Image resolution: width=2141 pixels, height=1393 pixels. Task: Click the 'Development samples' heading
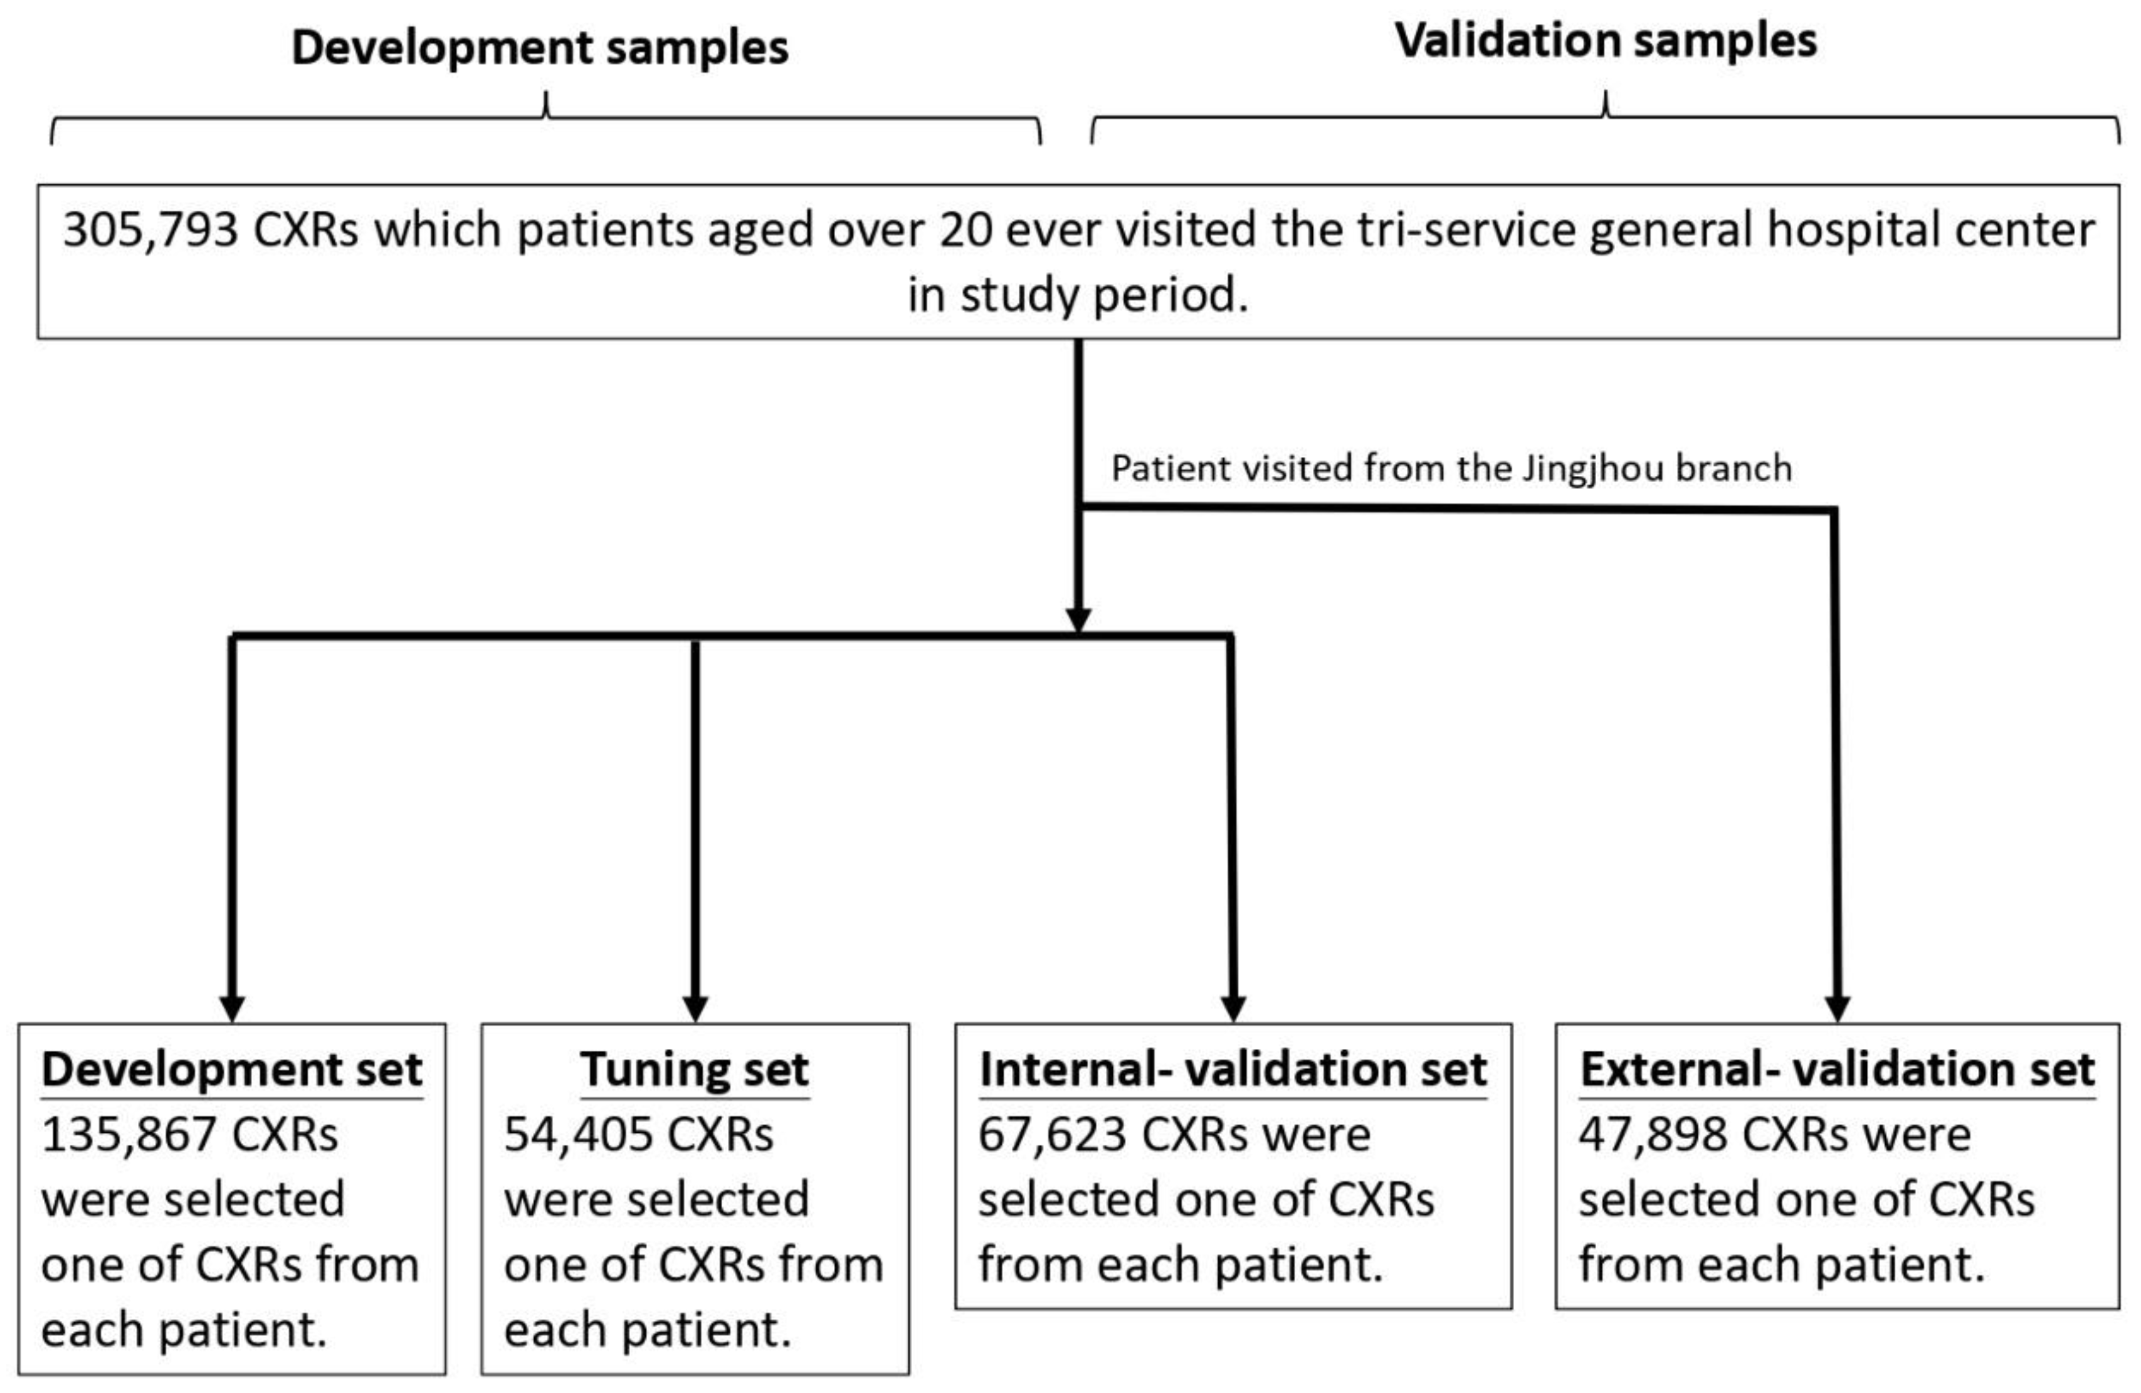point(540,47)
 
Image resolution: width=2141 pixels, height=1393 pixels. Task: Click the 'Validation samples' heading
point(1606,41)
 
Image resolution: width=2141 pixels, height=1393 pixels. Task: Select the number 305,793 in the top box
point(150,230)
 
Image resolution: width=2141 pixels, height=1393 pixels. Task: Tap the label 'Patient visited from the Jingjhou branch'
point(1451,468)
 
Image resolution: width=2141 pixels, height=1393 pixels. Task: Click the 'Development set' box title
point(232,1070)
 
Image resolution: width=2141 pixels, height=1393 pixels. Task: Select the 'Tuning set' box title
point(695,1070)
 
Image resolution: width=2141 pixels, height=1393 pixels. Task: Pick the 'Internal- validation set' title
point(1233,1070)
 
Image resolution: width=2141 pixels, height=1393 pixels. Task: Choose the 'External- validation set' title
point(1837,1070)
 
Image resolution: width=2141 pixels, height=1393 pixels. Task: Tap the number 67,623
point(1051,1135)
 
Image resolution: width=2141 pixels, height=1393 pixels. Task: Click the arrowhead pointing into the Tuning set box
point(695,1008)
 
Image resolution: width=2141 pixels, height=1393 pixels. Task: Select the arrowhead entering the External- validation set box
point(1837,1008)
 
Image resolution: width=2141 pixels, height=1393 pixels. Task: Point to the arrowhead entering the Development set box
point(232,1008)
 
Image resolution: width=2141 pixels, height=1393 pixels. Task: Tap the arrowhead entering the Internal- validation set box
point(1233,1008)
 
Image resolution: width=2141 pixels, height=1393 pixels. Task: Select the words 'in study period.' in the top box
point(1078,295)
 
